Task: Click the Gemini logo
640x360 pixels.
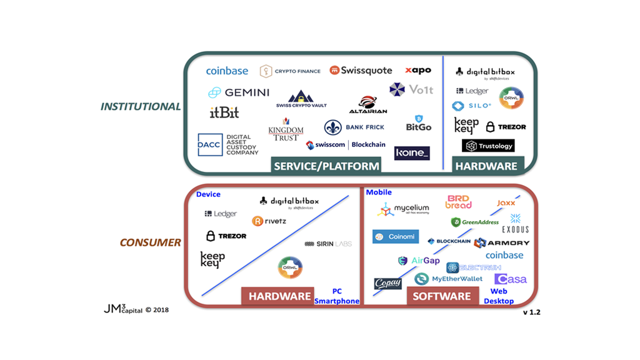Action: pyautogui.click(x=239, y=92)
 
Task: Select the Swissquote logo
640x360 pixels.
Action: pyautogui.click(x=361, y=71)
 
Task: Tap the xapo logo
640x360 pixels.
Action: pyautogui.click(x=417, y=71)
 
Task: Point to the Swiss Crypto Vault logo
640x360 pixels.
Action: pyautogui.click(x=301, y=99)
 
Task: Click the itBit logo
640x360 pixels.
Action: pyautogui.click(x=224, y=113)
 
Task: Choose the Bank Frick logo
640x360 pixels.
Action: pyautogui.click(x=354, y=127)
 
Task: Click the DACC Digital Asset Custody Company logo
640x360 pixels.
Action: pyautogui.click(x=228, y=145)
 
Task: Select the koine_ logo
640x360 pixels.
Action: pyautogui.click(x=412, y=152)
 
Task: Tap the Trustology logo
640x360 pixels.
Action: pyautogui.click(x=488, y=146)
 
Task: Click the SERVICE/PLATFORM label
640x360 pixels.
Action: pyautogui.click(x=326, y=166)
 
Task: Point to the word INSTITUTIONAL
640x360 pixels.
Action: pyautogui.click(x=141, y=106)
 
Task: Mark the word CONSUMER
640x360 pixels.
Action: pyautogui.click(x=151, y=242)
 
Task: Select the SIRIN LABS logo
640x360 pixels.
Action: pyautogui.click(x=327, y=244)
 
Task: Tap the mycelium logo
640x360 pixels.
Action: pyautogui.click(x=403, y=209)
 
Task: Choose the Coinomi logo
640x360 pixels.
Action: pyautogui.click(x=396, y=237)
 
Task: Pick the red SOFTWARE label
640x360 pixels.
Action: pyautogui.click(x=442, y=296)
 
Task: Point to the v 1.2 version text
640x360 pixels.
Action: pyautogui.click(x=531, y=312)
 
